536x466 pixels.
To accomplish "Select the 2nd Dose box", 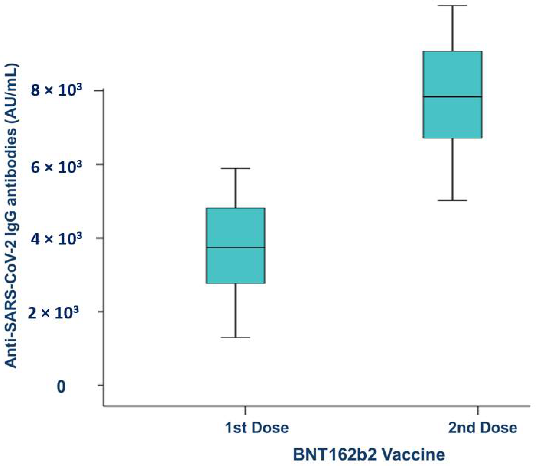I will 452,75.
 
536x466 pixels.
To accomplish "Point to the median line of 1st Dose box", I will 236,247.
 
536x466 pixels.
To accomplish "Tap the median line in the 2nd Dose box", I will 452,97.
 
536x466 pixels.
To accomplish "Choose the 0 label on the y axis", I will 61,387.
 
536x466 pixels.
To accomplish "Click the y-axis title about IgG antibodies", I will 12,216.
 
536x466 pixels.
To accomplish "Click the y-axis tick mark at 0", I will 101,385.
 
